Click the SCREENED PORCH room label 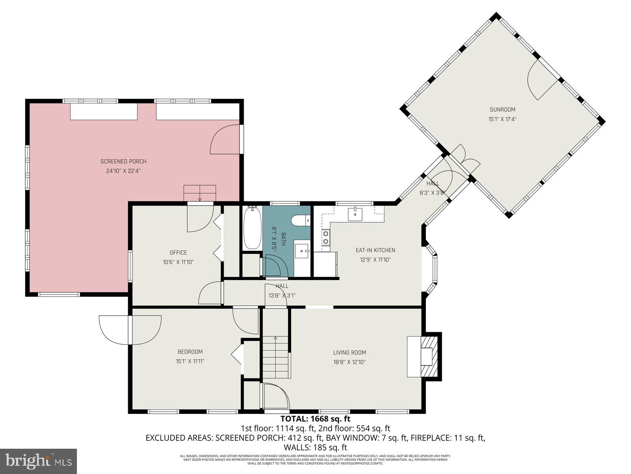pos(123,161)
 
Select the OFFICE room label pos(178,252)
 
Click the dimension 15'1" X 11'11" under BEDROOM pos(190,361)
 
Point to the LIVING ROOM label pos(349,352)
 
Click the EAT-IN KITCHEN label pos(375,250)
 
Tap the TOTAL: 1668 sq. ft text pos(315,419)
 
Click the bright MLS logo pos(39,461)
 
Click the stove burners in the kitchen pos(326,237)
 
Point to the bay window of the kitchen pos(432,269)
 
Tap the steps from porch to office pos(200,192)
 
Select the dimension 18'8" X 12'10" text pos(349,361)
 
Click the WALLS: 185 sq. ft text pos(315,448)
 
